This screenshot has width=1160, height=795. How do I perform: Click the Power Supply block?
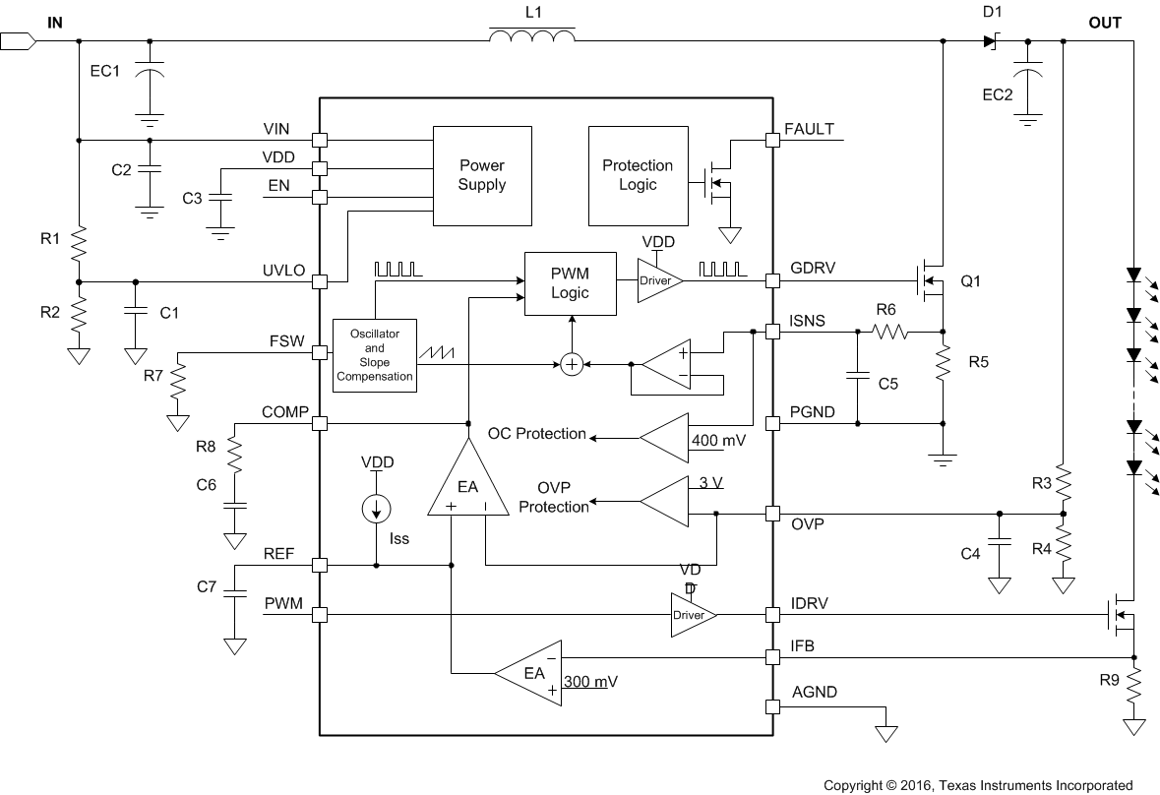pyautogui.click(x=482, y=175)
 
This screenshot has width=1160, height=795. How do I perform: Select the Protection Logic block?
pyautogui.click(x=638, y=175)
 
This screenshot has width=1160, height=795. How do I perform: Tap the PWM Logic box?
pyautogui.click(x=570, y=283)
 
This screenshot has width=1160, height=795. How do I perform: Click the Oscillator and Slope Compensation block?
pyautogui.click(x=375, y=355)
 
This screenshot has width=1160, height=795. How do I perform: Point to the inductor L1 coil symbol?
pyautogui.click(x=532, y=36)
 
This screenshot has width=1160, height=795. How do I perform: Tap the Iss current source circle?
pyautogui.click(x=376, y=509)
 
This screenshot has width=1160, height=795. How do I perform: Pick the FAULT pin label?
pyautogui.click(x=810, y=129)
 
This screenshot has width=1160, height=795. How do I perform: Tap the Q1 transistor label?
pyautogui.click(x=971, y=281)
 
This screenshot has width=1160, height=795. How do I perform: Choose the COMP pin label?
pyautogui.click(x=284, y=411)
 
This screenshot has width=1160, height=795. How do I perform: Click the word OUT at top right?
pyautogui.click(x=1104, y=23)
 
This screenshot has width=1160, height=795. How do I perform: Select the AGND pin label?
pyautogui.click(x=812, y=692)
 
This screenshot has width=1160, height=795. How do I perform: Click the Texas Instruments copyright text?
pyautogui.click(x=978, y=784)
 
